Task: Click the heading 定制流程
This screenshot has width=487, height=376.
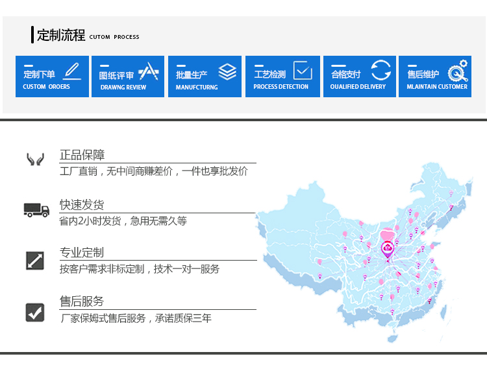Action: click(61, 35)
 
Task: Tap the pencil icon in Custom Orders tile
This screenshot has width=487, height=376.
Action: click(72, 71)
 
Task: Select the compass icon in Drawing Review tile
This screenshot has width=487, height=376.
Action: click(149, 71)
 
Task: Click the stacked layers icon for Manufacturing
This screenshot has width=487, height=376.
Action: click(227, 71)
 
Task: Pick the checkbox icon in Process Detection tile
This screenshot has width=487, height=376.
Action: click(303, 71)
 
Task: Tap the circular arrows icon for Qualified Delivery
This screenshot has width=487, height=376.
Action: click(381, 71)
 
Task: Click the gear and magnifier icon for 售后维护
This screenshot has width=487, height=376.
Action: click(458, 71)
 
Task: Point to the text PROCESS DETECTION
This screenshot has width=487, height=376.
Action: click(281, 87)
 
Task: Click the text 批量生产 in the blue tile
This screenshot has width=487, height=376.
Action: click(192, 75)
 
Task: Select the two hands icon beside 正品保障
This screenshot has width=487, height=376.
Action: click(35, 159)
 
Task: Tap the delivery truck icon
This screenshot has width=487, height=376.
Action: click(36, 210)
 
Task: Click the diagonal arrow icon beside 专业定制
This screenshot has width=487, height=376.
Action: click(35, 261)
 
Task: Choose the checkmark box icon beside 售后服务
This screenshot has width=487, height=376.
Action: click(35, 312)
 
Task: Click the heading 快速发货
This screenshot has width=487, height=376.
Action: click(82, 205)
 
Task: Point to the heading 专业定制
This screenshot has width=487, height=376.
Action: click(82, 253)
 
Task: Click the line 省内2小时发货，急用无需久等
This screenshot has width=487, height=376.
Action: click(123, 221)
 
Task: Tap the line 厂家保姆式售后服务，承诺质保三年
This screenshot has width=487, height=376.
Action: click(136, 318)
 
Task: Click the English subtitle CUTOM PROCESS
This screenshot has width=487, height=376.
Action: click(114, 37)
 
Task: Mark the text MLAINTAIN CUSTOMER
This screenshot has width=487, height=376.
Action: click(437, 87)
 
